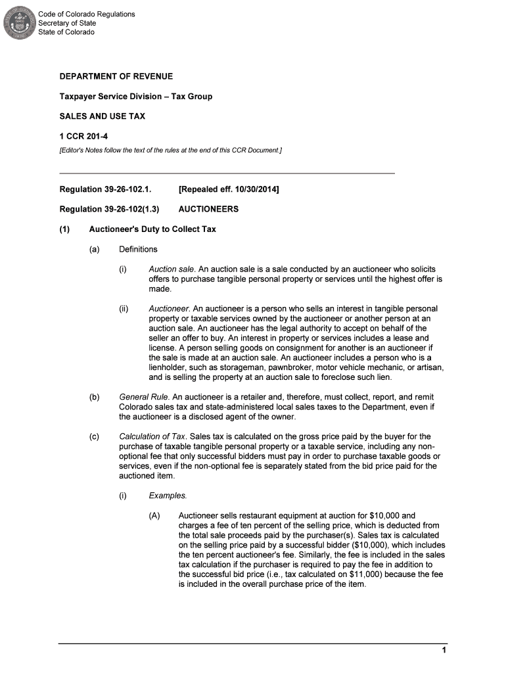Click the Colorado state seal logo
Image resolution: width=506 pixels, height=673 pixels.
coord(19,24)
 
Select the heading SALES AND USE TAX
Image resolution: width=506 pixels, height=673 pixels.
coord(102,116)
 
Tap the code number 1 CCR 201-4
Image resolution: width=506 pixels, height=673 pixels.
coord(83,136)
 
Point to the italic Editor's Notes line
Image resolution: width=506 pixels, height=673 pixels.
coord(170,151)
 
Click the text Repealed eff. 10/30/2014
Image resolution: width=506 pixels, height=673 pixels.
coord(229,190)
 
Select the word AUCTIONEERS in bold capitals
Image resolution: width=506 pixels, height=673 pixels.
coord(208,210)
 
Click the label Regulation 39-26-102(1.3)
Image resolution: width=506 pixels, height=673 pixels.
coord(109,210)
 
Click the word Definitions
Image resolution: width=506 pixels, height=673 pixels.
coord(138,249)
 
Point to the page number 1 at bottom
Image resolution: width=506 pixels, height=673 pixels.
coord(444,651)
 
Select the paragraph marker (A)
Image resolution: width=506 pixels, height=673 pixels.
coord(154,515)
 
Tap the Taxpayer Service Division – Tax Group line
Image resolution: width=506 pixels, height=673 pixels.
coord(135,97)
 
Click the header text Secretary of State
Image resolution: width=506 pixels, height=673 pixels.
coord(66,23)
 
